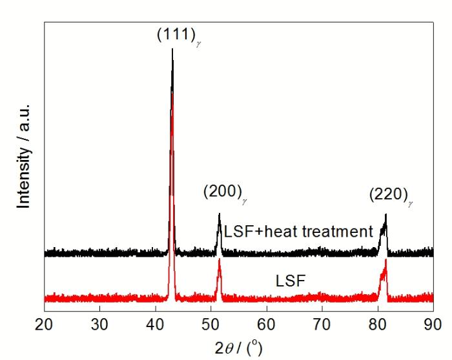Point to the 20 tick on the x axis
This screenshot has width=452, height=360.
(x=44, y=323)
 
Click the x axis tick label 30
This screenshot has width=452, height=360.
(x=99, y=323)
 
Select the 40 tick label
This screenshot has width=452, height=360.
(x=155, y=323)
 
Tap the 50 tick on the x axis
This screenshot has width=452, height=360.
(x=211, y=323)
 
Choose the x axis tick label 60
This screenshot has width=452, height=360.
(x=266, y=323)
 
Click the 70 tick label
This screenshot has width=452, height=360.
(x=322, y=323)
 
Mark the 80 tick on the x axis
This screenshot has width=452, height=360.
(x=377, y=323)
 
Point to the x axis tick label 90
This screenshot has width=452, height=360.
(x=432, y=323)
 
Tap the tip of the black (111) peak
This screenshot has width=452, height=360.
(x=172, y=50)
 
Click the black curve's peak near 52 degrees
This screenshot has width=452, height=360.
(x=220, y=214)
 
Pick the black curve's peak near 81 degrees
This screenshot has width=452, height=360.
(x=385, y=215)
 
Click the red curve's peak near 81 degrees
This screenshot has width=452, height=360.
(x=385, y=260)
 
